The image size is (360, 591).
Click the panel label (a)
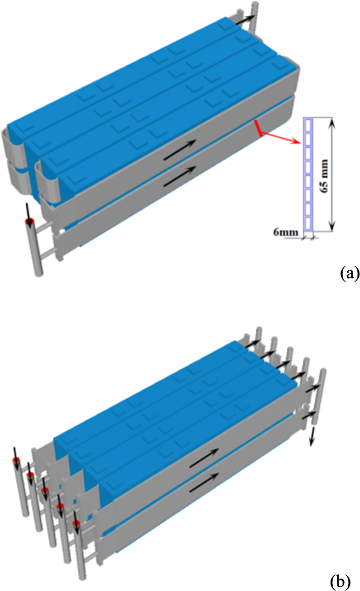coord(349,273)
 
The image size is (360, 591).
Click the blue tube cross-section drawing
coord(308,175)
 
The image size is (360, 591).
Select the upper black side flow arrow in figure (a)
coord(180,148)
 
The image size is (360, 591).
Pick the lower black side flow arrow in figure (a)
coord(180,174)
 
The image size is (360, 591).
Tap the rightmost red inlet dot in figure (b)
coord(76,524)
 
